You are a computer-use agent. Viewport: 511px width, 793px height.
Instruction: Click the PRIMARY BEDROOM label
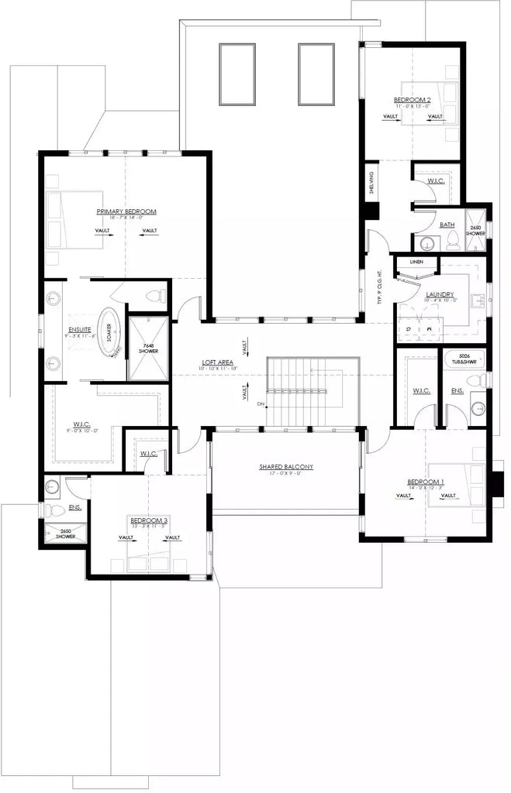[126, 211]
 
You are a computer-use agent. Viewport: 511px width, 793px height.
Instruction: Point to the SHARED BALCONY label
[285, 467]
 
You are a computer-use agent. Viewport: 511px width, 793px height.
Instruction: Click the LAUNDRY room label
[439, 295]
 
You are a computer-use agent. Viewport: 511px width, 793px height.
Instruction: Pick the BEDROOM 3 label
[149, 520]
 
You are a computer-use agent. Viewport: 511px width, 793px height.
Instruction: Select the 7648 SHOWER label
[148, 348]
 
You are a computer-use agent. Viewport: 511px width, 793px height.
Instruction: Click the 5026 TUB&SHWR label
[463, 358]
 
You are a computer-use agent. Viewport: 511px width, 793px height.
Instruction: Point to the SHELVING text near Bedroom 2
[372, 184]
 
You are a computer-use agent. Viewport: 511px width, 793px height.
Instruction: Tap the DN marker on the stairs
[261, 404]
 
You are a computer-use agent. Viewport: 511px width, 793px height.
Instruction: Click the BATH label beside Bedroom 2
[447, 225]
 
